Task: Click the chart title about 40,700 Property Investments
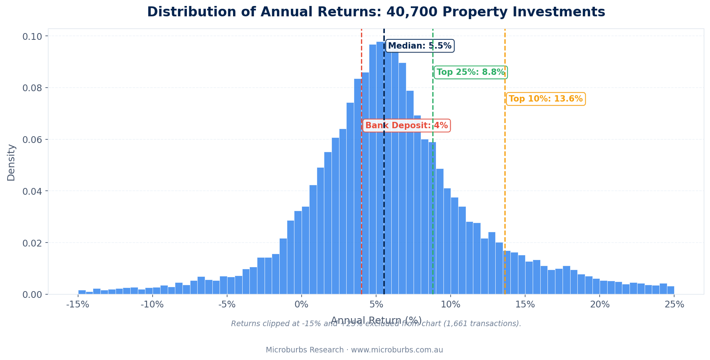(x=376, y=12)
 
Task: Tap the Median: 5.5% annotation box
(x=420, y=46)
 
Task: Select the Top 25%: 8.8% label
(x=470, y=72)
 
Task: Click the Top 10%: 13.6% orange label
(x=545, y=99)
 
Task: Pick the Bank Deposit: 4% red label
(x=406, y=126)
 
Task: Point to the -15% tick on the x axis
(x=78, y=305)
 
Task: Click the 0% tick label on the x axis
(x=302, y=305)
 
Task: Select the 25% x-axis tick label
(x=674, y=305)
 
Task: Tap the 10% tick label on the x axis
(x=451, y=305)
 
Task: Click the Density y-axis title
(x=11, y=162)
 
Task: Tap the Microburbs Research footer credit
(x=354, y=350)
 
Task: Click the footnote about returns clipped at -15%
(x=376, y=324)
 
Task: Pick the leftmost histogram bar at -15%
(x=82, y=292)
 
